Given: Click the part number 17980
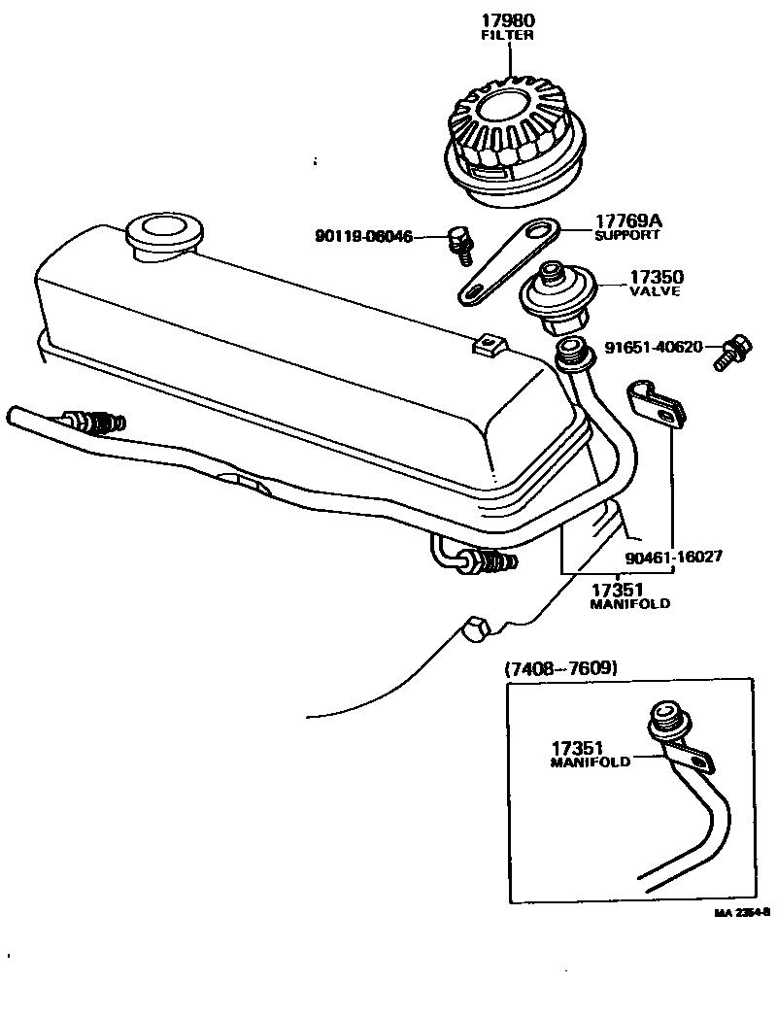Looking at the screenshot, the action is pos(508,20).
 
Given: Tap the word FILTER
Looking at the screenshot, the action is pos(507,36).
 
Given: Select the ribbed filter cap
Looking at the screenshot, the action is pos(517,147).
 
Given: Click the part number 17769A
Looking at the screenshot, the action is pos(628,221).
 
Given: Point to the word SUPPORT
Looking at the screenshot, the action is pos(627,235).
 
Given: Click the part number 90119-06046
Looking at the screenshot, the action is pos(363,236).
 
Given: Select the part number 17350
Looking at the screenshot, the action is pos(657,278).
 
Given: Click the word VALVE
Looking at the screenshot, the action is pos(656,291).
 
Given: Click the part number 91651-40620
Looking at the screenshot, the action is pos(654,348).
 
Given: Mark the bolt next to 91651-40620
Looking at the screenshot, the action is pos(732,353).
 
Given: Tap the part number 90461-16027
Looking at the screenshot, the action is pos(674,557).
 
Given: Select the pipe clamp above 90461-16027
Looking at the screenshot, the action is pos(655,404).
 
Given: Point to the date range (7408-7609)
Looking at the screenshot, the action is pos(560,668).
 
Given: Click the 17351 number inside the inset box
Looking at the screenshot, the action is pos(577,748).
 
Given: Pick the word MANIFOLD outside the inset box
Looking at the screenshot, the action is pos(629,604).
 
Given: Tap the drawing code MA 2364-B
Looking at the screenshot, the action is pos(742,913).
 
